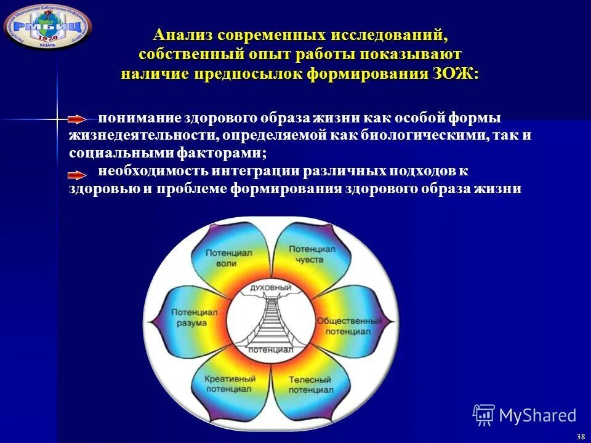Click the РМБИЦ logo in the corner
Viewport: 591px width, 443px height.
click(47, 25)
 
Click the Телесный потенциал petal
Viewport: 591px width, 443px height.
click(311, 385)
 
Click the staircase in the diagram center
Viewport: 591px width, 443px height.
click(271, 320)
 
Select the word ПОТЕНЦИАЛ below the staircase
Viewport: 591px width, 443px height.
click(271, 349)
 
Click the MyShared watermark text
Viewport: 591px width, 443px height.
click(537, 415)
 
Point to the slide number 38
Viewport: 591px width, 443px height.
click(581, 436)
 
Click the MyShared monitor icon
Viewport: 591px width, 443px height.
click(484, 415)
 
